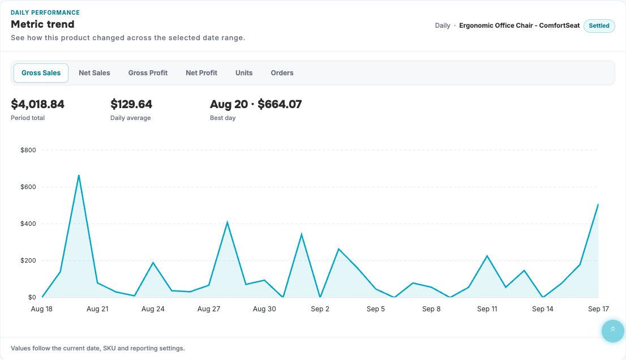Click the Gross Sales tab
pyautogui.click(x=41, y=73)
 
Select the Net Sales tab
pyautogui.click(x=94, y=73)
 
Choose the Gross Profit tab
pyautogui.click(x=148, y=73)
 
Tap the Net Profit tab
pyautogui.click(x=201, y=73)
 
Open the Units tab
pyautogui.click(x=244, y=73)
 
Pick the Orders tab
pyautogui.click(x=282, y=73)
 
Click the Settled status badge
pyautogui.click(x=599, y=25)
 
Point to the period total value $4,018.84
pyautogui.click(x=37, y=104)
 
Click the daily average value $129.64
pyautogui.click(x=131, y=104)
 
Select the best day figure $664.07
pyautogui.click(x=280, y=104)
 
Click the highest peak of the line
pyautogui.click(x=79, y=175)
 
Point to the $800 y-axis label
pyautogui.click(x=28, y=150)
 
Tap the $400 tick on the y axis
pyautogui.click(x=28, y=224)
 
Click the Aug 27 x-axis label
pyautogui.click(x=208, y=309)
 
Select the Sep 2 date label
pyautogui.click(x=320, y=309)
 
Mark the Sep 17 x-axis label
pyautogui.click(x=598, y=309)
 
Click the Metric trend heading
pyautogui.click(x=42, y=24)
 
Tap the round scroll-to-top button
pyautogui.click(x=613, y=331)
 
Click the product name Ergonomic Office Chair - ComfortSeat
pyautogui.click(x=520, y=25)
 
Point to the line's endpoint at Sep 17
pyautogui.click(x=598, y=204)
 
